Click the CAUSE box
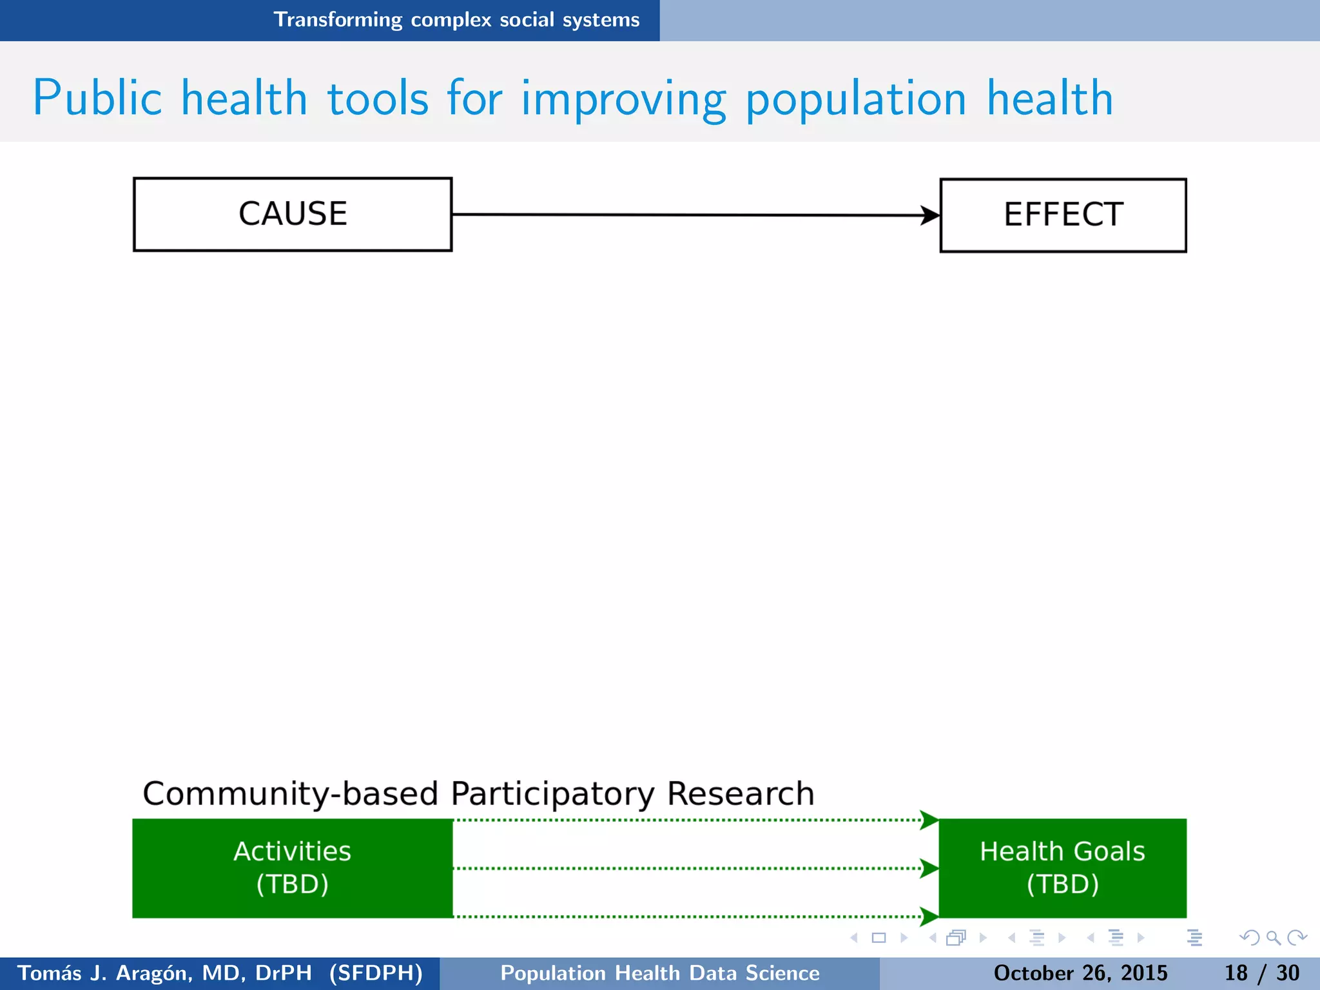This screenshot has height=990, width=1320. coord(293,215)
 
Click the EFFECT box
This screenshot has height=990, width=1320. coord(1063,215)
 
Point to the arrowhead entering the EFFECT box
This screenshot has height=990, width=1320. coord(930,215)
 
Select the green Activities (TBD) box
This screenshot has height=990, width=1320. coord(293,868)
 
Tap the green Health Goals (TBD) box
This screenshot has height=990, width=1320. coord(1062,868)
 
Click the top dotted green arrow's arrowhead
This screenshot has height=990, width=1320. coord(929,820)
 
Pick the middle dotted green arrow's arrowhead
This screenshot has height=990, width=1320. coord(929,868)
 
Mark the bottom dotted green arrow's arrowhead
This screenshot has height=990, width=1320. coord(929,916)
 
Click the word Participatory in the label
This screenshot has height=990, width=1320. coord(552,794)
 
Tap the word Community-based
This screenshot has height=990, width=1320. coord(290,794)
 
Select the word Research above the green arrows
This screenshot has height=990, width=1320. coord(741,794)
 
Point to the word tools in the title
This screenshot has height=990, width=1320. coord(378,99)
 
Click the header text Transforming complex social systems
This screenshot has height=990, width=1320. coord(456,20)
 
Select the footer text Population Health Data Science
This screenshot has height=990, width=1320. coord(660,973)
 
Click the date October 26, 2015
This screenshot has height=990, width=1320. coord(1080,973)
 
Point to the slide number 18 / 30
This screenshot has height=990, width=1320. coord(1261,973)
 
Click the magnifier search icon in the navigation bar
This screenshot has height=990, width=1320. coord(1272,938)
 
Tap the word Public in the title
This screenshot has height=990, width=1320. coord(97,99)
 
